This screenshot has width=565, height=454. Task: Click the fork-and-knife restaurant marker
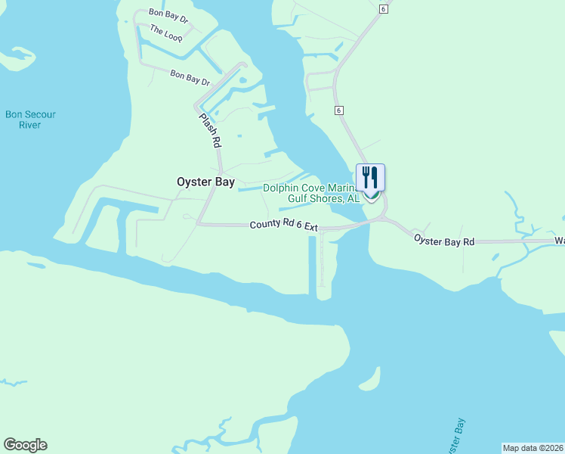370,179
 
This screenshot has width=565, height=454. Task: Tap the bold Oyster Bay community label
205,182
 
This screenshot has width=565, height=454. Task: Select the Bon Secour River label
30,120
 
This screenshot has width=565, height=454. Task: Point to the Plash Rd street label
210,129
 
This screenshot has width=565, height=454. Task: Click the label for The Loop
166,33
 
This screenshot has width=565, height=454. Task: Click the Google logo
25,445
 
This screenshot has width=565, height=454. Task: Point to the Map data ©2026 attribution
533,448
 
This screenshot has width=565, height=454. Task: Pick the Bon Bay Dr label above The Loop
168,14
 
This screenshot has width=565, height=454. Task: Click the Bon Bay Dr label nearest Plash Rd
189,76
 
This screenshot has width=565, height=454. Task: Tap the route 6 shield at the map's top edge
383,8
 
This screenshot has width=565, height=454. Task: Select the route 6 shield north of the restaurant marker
339,110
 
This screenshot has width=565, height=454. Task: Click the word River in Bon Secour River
30,125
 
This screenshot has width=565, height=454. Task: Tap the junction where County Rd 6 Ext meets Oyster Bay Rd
384,219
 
